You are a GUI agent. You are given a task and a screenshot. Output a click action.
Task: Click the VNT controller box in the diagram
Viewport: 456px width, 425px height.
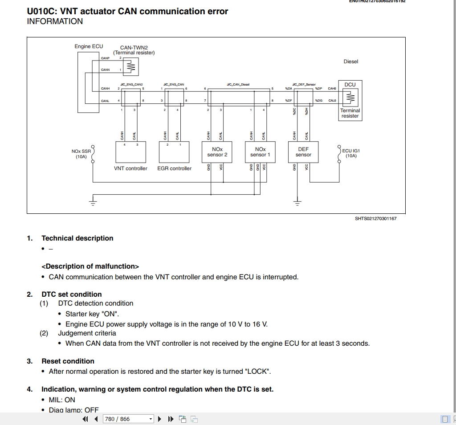(130, 152)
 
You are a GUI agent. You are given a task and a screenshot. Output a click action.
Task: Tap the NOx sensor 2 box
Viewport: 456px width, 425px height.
(217, 152)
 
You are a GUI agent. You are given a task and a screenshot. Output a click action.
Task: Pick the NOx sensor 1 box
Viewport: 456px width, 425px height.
(260, 152)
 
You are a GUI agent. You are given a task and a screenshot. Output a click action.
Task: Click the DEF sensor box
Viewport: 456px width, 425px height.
(303, 152)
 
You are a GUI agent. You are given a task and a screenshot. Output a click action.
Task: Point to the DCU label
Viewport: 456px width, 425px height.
(350, 84)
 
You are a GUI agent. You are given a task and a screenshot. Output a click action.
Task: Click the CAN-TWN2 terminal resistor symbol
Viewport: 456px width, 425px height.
(130, 67)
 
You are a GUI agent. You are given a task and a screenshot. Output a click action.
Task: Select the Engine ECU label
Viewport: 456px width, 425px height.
(89, 46)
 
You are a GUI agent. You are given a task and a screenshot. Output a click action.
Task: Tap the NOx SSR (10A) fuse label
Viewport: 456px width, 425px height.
(81, 154)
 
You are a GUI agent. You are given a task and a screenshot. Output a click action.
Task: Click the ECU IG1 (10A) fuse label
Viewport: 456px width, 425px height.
(351, 154)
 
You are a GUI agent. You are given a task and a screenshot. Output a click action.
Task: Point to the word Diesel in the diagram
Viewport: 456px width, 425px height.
(350, 61)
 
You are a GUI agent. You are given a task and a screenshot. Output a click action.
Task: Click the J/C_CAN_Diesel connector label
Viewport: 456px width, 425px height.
(238, 84)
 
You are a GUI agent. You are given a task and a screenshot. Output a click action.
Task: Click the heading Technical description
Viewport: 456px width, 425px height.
(77, 238)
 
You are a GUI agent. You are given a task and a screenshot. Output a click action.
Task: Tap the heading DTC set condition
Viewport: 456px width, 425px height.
(72, 294)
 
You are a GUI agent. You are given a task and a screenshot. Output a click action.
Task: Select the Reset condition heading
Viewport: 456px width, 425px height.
(68, 361)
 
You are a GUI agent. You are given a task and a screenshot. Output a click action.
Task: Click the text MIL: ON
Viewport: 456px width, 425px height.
(62, 400)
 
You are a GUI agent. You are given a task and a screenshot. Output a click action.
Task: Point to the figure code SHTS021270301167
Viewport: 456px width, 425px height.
(375, 219)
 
